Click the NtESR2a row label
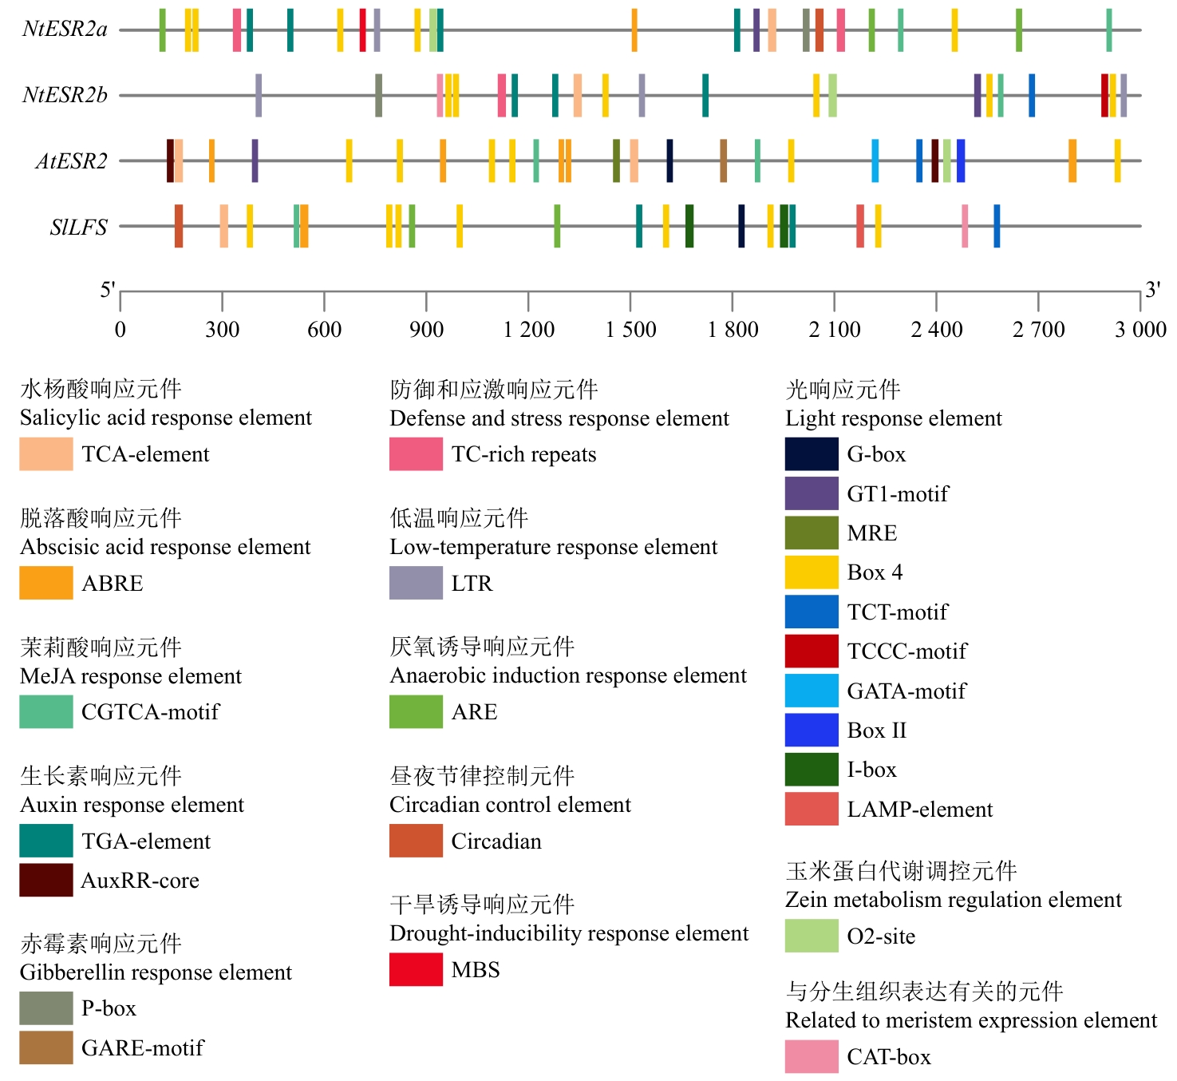(65, 30)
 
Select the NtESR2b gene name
(65, 96)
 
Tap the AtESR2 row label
(71, 161)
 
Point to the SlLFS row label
(78, 228)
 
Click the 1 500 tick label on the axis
(630, 330)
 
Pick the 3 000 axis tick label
(1140, 330)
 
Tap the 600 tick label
(324, 330)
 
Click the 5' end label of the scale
(108, 290)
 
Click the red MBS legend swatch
(416, 969)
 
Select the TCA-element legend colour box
(46, 453)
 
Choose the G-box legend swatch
(812, 453)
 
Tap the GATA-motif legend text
(906, 691)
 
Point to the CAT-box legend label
(889, 1057)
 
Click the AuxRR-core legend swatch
(46, 880)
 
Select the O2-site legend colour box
(812, 936)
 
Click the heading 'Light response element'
(894, 418)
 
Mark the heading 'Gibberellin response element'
(156, 972)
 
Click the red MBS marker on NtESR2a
(363, 30)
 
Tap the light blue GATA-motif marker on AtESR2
(875, 160)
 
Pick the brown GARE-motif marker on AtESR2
(723, 160)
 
